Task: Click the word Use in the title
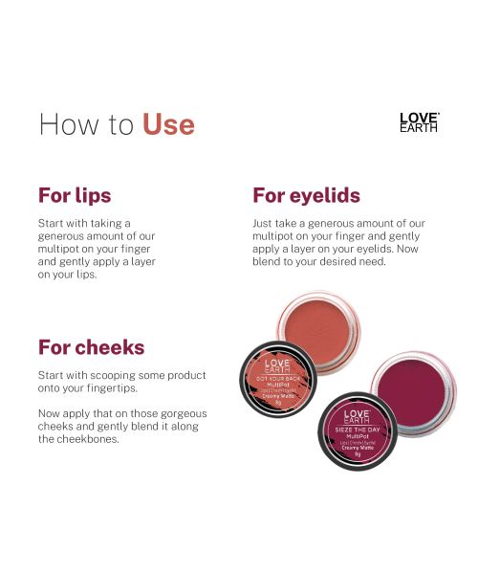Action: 168,124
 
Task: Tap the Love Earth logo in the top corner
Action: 419,121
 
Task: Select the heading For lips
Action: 75,195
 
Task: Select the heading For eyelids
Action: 306,195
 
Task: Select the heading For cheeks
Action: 91,346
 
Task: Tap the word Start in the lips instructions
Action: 52,223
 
